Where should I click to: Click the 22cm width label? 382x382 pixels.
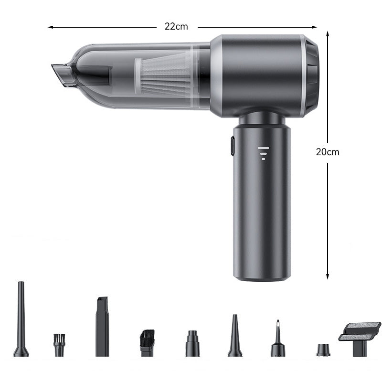click(176, 27)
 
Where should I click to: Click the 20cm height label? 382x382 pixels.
click(328, 152)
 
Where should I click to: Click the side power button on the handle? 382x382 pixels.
click(232, 146)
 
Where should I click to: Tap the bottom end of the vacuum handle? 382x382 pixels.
click(261, 276)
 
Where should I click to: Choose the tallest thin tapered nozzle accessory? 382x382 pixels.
click(21, 320)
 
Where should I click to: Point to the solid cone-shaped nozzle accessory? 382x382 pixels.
click(234, 336)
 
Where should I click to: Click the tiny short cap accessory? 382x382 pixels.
click(323, 350)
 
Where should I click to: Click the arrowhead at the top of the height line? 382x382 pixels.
click(328, 34)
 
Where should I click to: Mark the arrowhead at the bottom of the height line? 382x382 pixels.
click(328, 276)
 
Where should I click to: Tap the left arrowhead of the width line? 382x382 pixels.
click(50, 27)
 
